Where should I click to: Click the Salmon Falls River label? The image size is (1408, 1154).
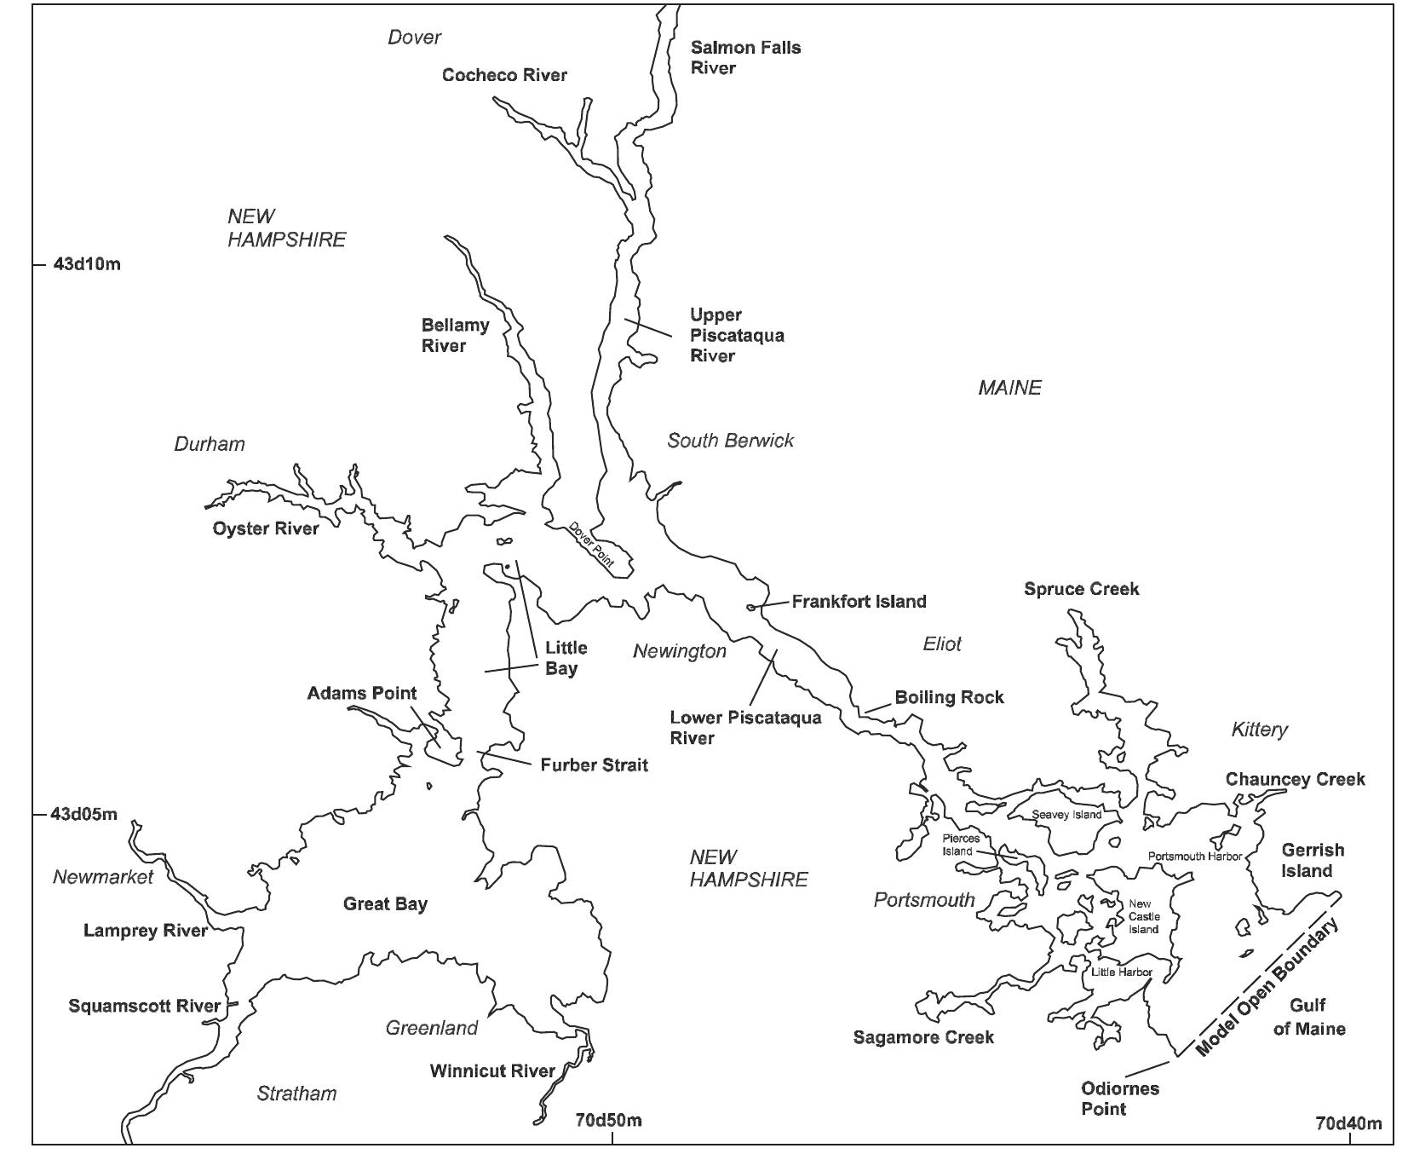(745, 58)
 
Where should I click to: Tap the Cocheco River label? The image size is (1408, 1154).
(504, 75)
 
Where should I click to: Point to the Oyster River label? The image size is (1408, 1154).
(266, 528)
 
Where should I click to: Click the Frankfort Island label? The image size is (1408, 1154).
(859, 602)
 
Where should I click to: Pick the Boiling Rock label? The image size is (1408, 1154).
(949, 698)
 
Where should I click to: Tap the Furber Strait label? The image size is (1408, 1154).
(594, 765)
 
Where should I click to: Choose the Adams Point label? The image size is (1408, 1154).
(362, 693)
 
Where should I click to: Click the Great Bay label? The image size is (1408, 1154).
(385, 904)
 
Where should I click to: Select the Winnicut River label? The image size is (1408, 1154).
(492, 1070)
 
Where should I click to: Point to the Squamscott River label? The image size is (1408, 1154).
(145, 1007)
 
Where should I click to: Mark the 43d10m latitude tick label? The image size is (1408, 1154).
(87, 264)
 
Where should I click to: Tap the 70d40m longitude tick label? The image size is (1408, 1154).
(1348, 1123)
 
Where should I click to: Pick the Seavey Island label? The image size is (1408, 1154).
(1066, 815)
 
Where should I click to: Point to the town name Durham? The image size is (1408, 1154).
(210, 444)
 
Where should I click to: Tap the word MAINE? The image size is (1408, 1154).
(1009, 388)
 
